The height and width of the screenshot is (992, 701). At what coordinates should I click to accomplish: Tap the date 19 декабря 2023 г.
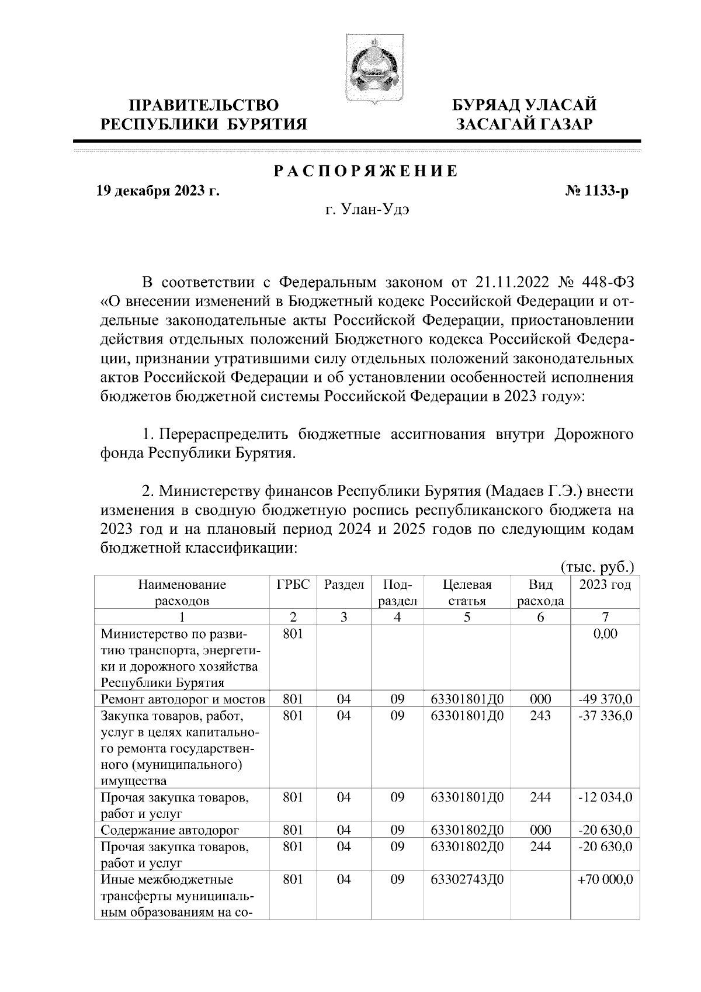[x=158, y=191]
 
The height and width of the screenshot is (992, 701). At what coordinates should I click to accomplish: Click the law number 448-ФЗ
[x=608, y=283]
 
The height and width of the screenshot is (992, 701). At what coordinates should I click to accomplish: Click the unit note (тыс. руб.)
[x=597, y=567]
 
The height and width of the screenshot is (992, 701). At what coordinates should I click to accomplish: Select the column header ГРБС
[x=293, y=585]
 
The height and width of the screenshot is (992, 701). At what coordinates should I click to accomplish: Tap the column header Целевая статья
[x=467, y=592]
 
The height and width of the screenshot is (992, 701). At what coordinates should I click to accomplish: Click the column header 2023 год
[x=605, y=585]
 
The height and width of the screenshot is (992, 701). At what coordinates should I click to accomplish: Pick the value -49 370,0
[x=605, y=699]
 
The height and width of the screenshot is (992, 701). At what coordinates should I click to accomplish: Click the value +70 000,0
[x=605, y=880]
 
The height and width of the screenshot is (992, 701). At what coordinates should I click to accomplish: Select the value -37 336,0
[x=605, y=716]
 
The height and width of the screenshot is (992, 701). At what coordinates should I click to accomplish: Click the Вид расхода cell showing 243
[x=540, y=716]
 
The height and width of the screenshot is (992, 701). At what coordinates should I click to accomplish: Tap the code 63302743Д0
[x=467, y=880]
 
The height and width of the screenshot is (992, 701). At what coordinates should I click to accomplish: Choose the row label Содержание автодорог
[x=170, y=830]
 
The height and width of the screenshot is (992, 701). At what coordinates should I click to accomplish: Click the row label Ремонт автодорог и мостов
[x=183, y=699]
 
